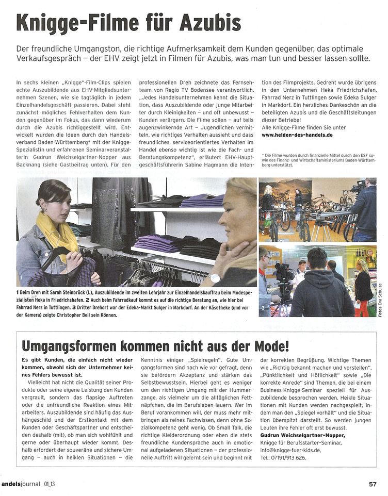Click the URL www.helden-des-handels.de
(x=297, y=135)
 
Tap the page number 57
(x=373, y=484)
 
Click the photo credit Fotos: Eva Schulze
(x=381, y=300)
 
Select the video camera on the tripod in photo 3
(x=283, y=273)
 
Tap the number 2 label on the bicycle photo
(x=263, y=232)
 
